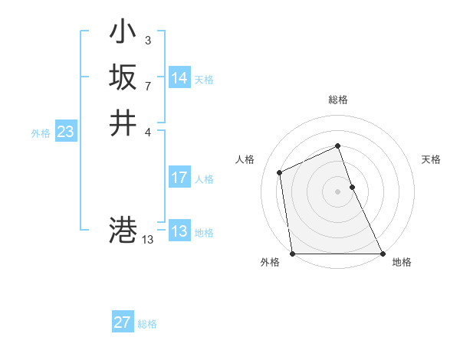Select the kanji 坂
123,77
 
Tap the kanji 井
123,123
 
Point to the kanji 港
123,230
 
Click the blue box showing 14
179,78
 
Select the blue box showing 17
179,178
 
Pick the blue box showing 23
65,133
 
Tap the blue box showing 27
123,322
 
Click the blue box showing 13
179,231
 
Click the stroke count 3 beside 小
147,40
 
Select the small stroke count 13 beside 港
148,240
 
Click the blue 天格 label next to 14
204,80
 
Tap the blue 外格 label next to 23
41,133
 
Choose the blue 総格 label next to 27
147,324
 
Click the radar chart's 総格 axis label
338,100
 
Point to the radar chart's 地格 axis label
402,262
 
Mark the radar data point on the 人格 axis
280,172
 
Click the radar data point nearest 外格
293,253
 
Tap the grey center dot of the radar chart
338,191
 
